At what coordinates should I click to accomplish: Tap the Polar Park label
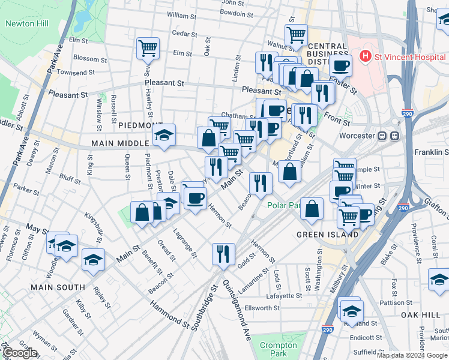click(285, 205)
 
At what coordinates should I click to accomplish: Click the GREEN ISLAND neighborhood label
click(328, 235)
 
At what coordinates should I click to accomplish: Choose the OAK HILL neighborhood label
click(421, 314)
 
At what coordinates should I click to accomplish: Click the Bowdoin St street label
click(232, 13)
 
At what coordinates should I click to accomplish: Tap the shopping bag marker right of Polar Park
click(312, 208)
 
